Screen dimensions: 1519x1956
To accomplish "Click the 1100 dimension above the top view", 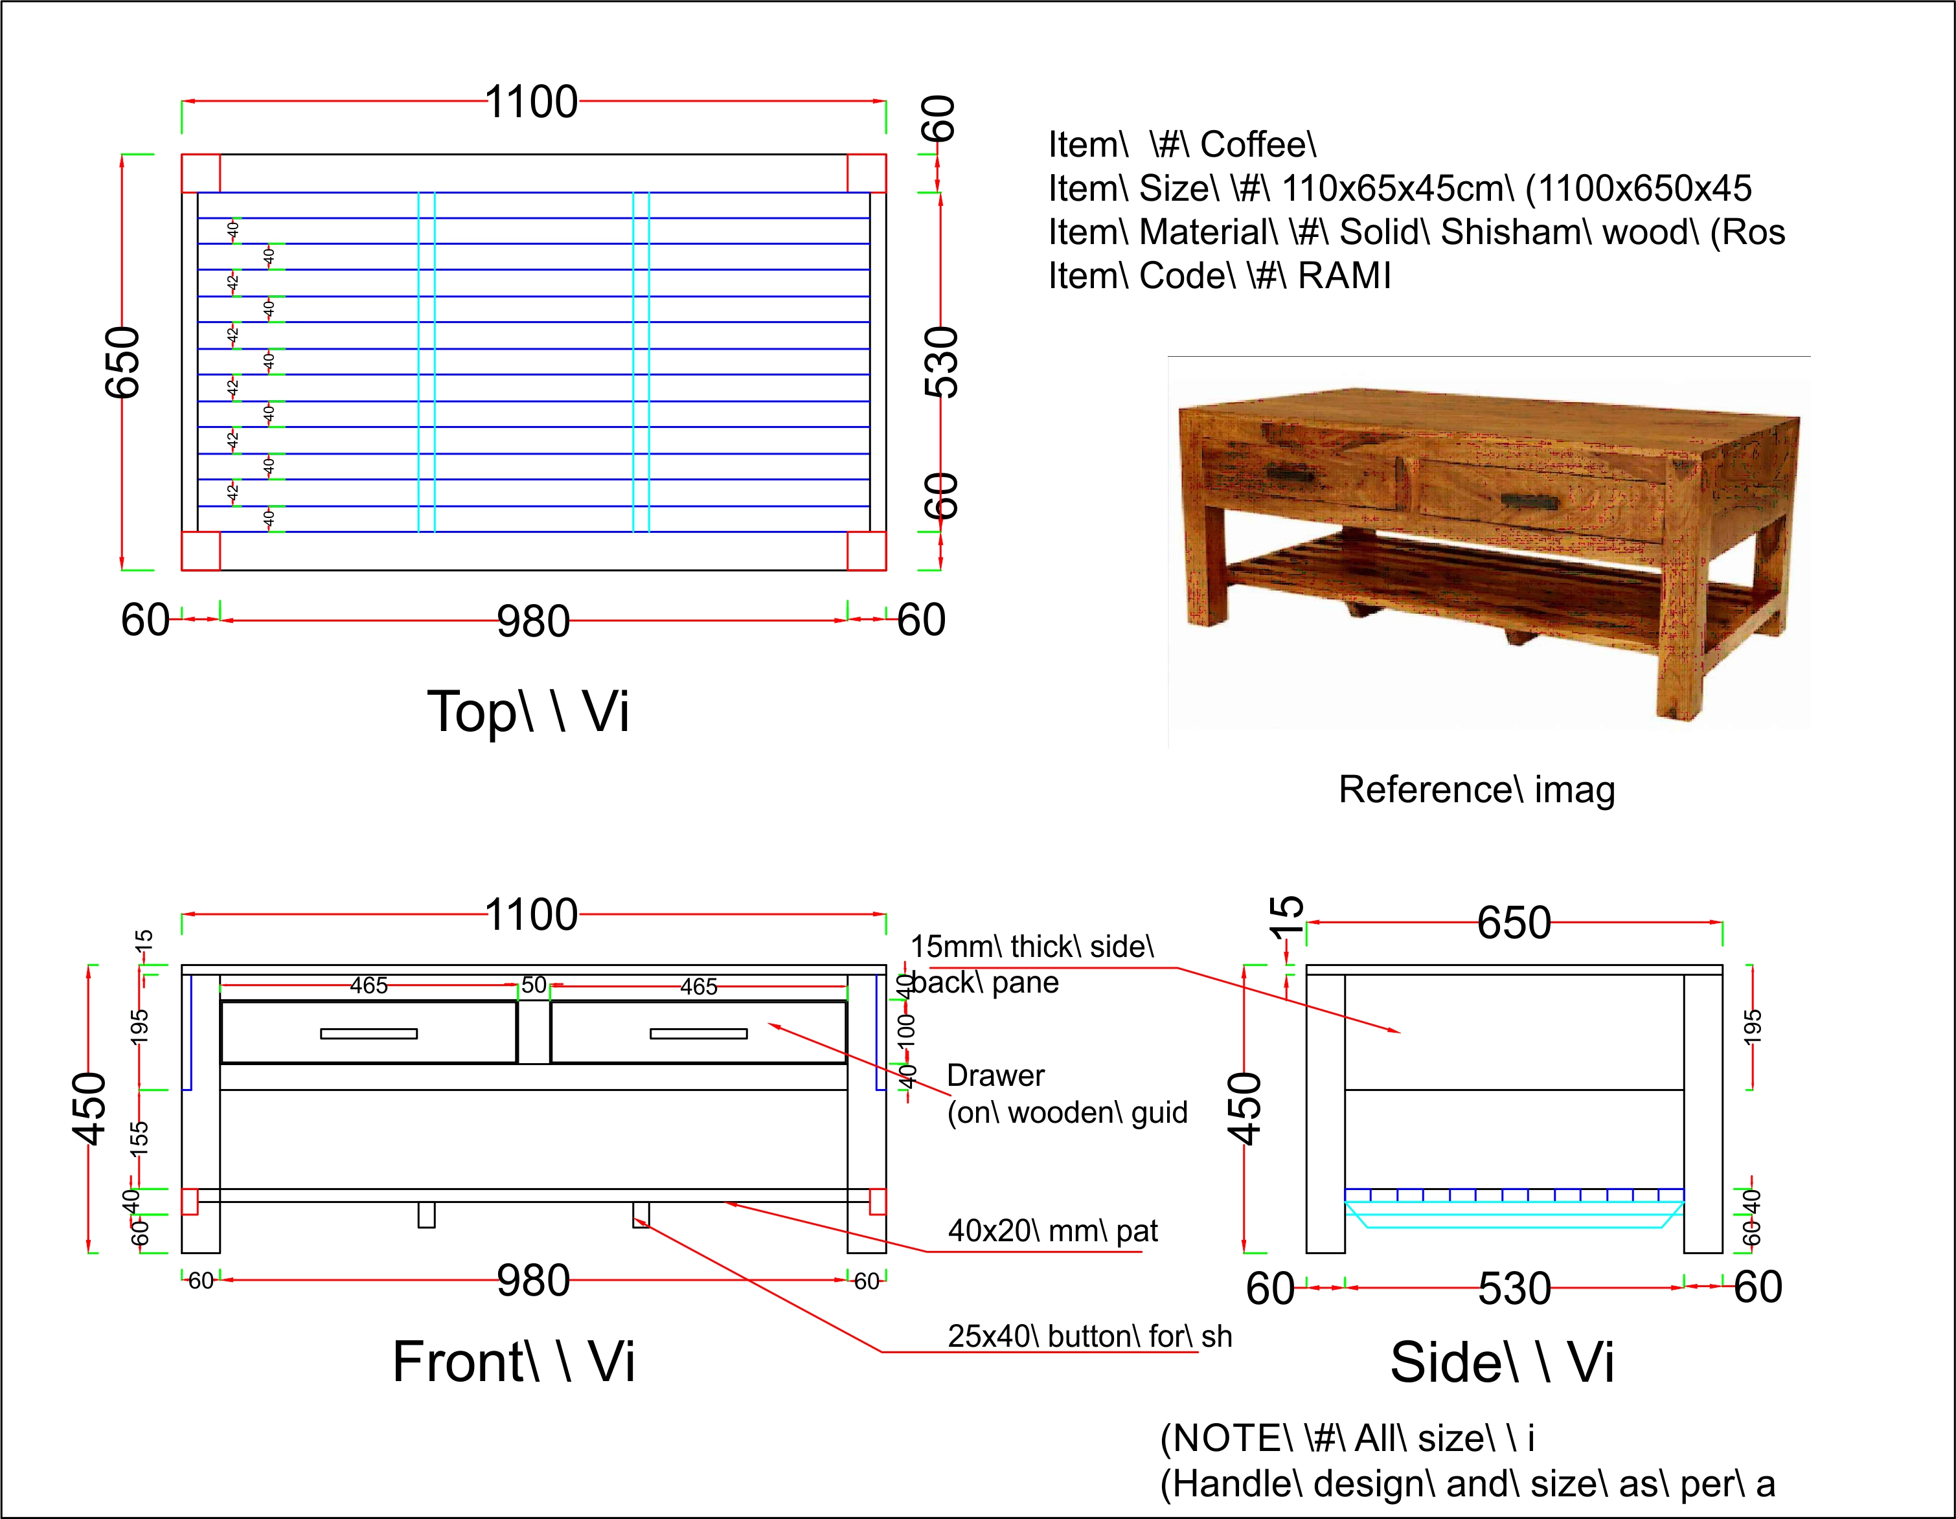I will (531, 102).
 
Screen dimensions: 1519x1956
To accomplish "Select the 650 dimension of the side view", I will (1514, 922).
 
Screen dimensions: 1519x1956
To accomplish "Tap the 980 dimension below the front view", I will (533, 1280).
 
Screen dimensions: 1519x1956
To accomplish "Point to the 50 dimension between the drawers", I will (534, 985).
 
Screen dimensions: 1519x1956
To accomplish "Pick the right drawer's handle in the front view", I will (699, 1034).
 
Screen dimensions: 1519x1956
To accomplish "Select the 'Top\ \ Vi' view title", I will (529, 712).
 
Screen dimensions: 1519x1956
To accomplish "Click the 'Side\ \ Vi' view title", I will (1502, 1362).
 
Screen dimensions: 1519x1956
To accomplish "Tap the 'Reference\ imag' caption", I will (1477, 789).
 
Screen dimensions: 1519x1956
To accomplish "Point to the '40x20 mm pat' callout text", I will (1052, 1231).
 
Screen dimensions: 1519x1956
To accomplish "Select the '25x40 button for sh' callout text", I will (1089, 1336).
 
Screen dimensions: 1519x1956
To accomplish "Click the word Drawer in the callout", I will (995, 1075).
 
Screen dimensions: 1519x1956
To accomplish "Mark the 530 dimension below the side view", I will (1514, 1288).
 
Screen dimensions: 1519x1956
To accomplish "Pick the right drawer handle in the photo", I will (1529, 501).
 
